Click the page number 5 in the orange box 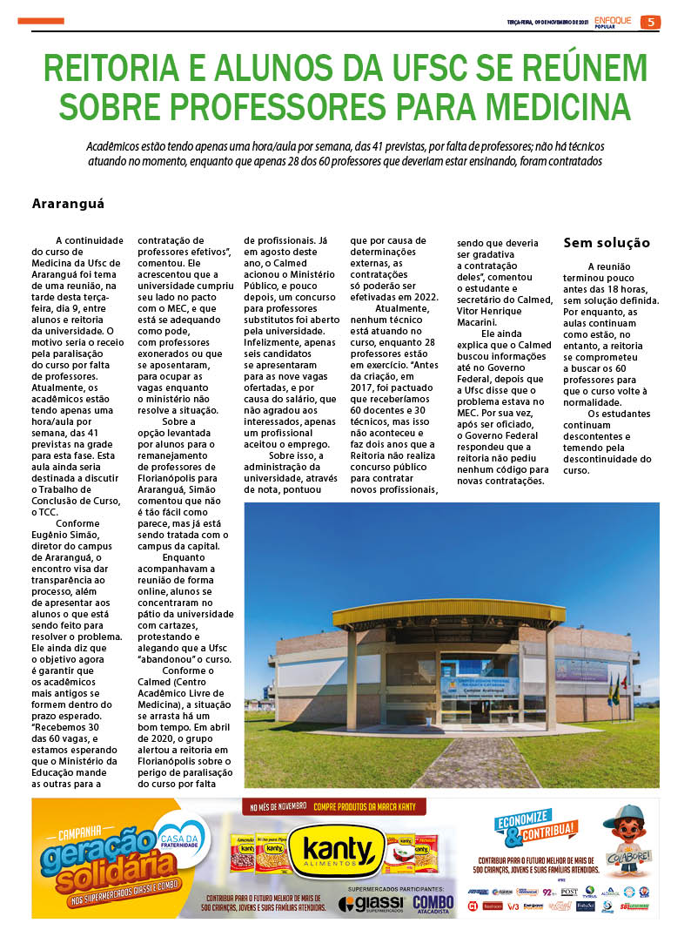coord(650,22)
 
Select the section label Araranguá coord(68,203)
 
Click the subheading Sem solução coord(607,243)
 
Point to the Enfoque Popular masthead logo coord(614,21)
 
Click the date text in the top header coord(548,23)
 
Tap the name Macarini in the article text coord(482,322)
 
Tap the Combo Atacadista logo coord(433,904)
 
